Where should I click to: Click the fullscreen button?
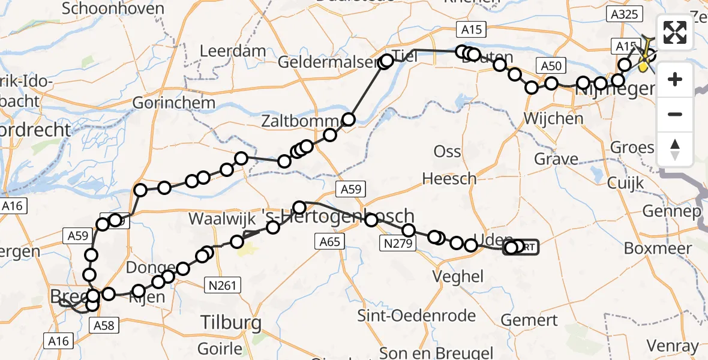click(x=675, y=33)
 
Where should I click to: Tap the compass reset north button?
click(x=675, y=148)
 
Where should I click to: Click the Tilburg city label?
click(x=231, y=323)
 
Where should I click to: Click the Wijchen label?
click(x=553, y=118)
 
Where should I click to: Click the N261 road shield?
click(x=224, y=287)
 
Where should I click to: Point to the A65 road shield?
click(x=329, y=242)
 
